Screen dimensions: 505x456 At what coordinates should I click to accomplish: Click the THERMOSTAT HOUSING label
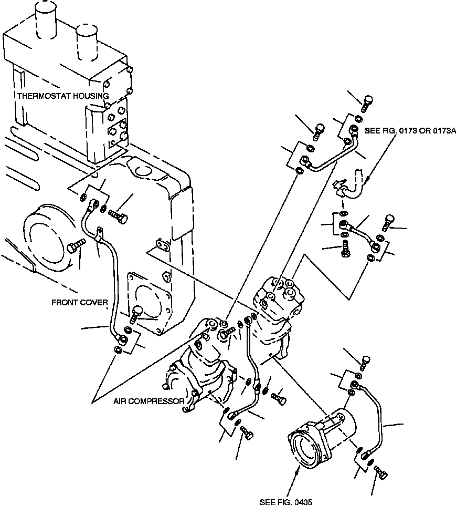63,96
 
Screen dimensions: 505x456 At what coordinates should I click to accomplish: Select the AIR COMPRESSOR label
149,401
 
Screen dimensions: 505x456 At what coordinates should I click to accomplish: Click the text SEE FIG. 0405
285,502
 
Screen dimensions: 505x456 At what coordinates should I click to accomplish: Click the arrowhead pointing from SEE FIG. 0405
298,469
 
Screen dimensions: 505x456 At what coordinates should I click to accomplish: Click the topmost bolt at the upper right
367,99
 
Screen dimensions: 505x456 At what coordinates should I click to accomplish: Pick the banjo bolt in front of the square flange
136,314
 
